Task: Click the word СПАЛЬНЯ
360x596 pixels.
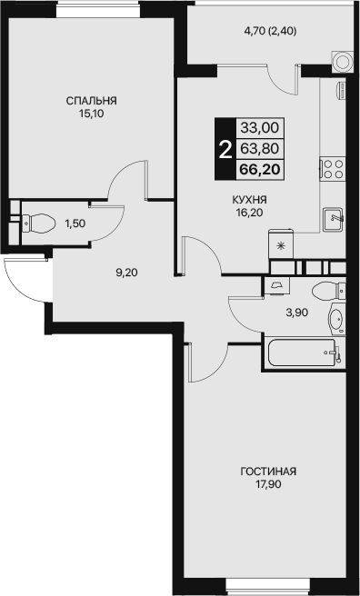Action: click(91, 101)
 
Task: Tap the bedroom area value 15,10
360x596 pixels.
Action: click(91, 114)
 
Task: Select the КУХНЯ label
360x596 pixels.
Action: click(249, 200)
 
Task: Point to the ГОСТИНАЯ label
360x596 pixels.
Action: click(268, 472)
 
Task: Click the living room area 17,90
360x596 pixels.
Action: click(268, 484)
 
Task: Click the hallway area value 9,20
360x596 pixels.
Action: click(127, 273)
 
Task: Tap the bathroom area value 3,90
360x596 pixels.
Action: click(297, 313)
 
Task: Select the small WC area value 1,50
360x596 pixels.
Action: click(75, 223)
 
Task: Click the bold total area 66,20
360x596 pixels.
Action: click(260, 169)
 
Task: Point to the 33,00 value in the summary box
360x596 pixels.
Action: click(260, 128)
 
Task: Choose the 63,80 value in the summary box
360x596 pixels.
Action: click(260, 148)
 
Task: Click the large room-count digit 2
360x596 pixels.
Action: click(225, 150)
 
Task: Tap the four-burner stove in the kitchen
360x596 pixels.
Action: click(333, 169)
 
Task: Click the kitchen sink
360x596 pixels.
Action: click(333, 219)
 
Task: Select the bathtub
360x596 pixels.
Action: click(303, 352)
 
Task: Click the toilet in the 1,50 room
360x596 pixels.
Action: click(38, 223)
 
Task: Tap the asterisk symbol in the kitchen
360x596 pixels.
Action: click(281, 246)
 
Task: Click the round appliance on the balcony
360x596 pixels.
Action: click(341, 61)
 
